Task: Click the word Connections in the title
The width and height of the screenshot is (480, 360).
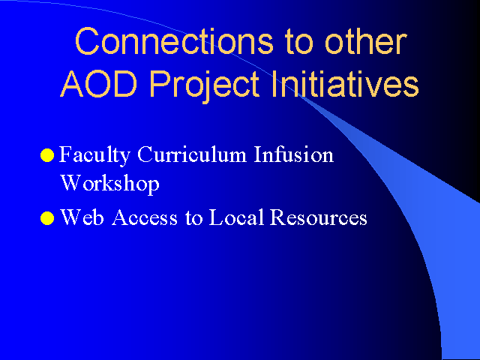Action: click(x=174, y=41)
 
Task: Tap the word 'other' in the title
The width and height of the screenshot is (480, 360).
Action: click(x=365, y=41)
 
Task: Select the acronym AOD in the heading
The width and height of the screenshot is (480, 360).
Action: click(x=98, y=83)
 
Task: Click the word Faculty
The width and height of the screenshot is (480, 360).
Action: click(x=94, y=156)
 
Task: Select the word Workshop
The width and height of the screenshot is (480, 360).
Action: click(x=110, y=184)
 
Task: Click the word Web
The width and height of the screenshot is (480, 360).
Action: click(x=82, y=217)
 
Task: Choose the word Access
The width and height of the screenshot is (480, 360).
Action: click(x=145, y=217)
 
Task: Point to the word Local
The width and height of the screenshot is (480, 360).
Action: click(x=236, y=217)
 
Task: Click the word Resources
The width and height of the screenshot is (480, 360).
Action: click(x=318, y=217)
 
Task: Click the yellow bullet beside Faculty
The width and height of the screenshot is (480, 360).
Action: click(x=47, y=155)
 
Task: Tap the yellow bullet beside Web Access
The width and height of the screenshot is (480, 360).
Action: click(x=47, y=218)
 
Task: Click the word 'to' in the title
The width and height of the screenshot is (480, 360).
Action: click(x=298, y=42)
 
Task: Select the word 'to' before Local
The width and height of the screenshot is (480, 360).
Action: click(x=193, y=218)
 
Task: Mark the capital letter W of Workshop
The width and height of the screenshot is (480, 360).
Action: click(x=71, y=182)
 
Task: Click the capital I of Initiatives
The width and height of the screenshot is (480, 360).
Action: click(x=274, y=83)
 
